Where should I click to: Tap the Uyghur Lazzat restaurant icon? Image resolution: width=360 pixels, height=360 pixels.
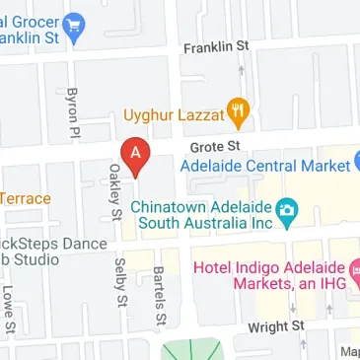(237, 112)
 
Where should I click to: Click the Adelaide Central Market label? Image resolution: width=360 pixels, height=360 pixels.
(264, 166)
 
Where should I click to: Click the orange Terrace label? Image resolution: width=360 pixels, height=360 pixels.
(26, 198)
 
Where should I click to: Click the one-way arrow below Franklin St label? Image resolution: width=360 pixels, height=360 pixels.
(242, 70)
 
